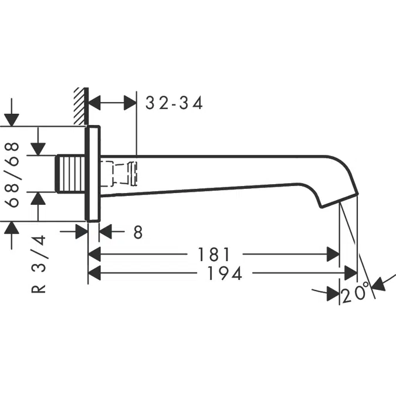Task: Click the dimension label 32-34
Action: tap(174, 104)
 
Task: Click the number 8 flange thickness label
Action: tap(137, 232)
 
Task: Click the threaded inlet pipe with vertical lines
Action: tap(70, 174)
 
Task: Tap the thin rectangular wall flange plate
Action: tap(93, 174)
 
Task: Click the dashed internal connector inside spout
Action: tap(120, 172)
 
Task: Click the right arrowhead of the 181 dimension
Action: tap(333, 255)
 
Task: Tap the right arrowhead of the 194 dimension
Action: tap(350, 273)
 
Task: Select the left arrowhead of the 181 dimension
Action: tap(95, 255)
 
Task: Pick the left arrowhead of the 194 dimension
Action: tap(95, 273)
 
